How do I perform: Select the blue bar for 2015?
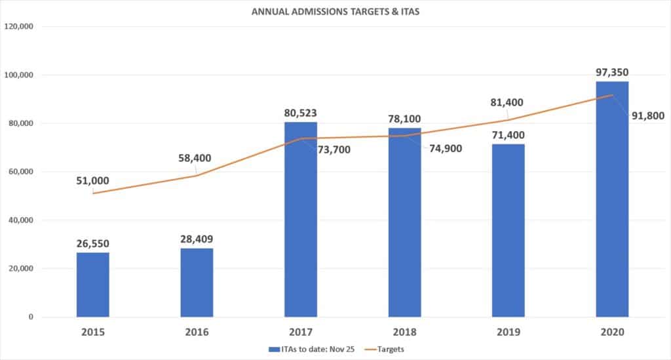93,285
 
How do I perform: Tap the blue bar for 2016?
197,283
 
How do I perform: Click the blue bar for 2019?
508,230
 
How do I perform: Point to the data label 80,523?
301,112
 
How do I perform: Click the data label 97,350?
612,71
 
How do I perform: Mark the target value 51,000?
92,181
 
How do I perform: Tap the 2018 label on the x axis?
404,333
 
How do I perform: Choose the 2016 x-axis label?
197,333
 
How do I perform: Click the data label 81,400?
508,102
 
